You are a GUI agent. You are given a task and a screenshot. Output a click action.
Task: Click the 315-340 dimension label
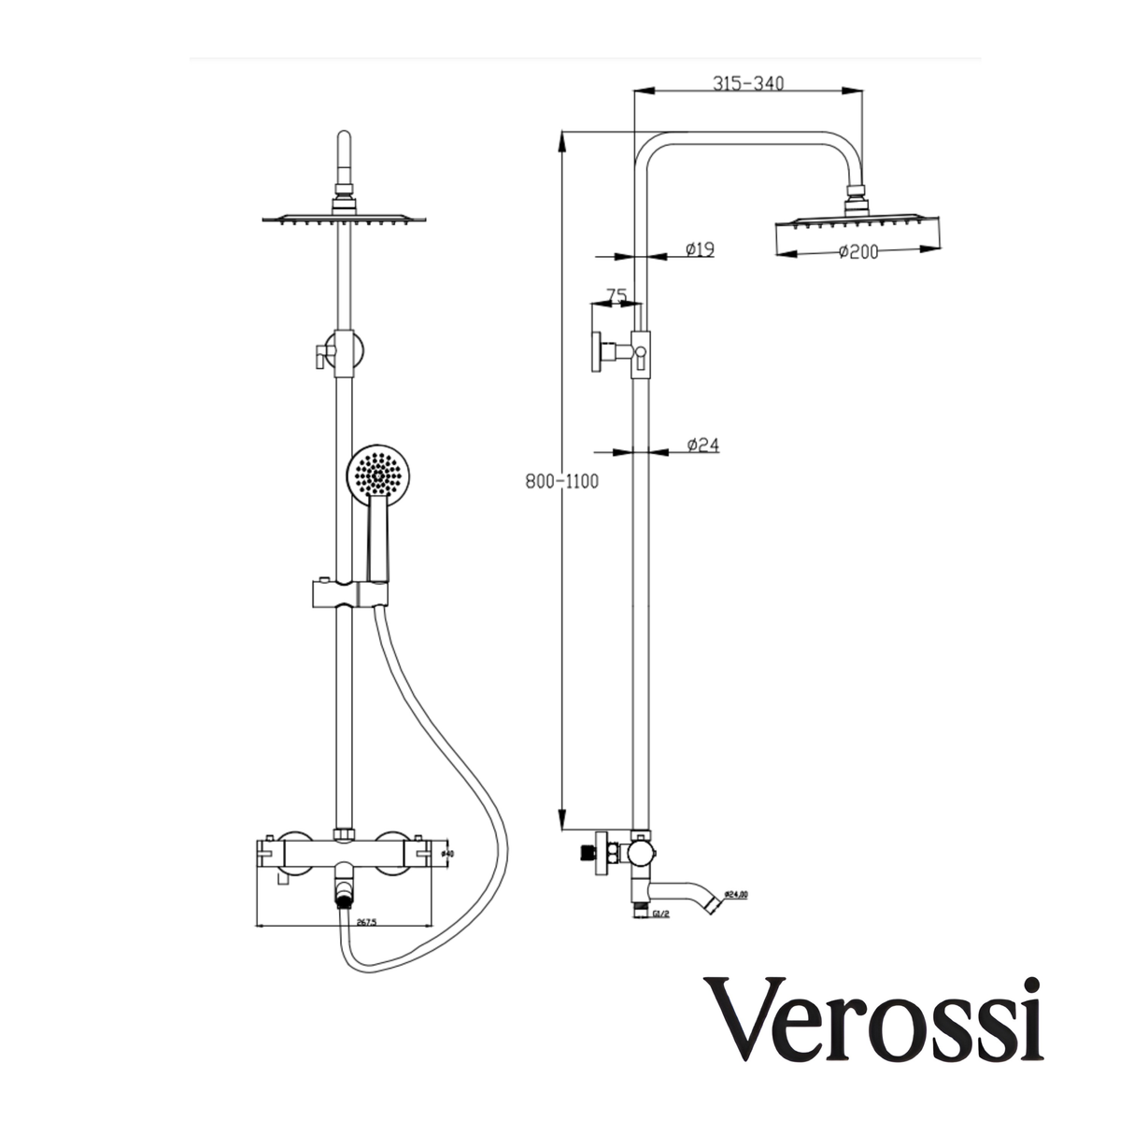click(x=747, y=83)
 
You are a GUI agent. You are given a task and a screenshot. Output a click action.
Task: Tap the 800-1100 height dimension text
click(x=561, y=482)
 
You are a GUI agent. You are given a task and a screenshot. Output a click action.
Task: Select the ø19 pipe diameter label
click(x=699, y=249)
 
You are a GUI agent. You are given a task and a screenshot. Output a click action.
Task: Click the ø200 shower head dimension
click(x=858, y=251)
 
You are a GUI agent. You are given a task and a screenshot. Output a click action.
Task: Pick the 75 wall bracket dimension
click(x=616, y=296)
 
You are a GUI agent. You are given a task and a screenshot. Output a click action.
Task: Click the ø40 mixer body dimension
click(x=447, y=853)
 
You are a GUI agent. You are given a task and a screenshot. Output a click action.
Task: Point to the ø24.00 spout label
click(x=736, y=895)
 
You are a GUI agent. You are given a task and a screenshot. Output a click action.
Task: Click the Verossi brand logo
click(x=873, y=1019)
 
